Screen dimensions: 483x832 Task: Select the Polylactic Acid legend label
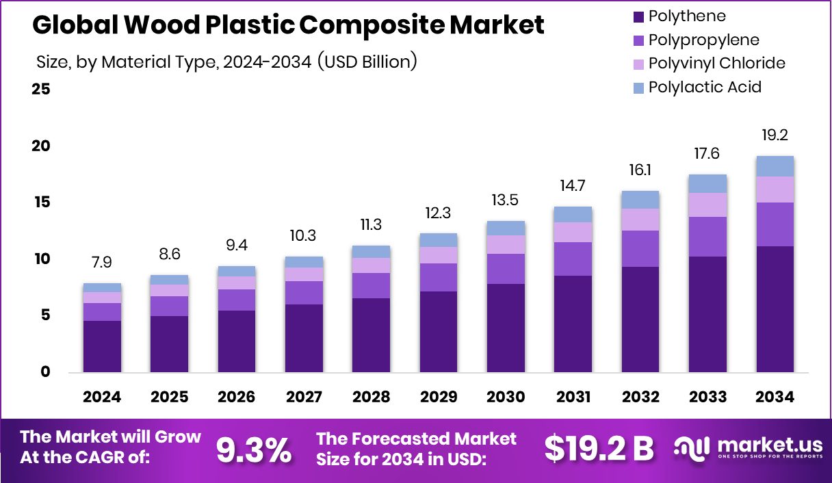click(705, 87)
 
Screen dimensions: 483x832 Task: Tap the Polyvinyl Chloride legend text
click(716, 64)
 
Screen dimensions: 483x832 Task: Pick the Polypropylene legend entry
click(703, 40)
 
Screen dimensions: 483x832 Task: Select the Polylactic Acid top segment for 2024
click(102, 287)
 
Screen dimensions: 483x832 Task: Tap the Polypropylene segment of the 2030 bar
click(506, 269)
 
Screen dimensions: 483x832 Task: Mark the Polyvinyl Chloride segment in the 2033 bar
click(708, 205)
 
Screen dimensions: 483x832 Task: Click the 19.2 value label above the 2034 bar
click(775, 135)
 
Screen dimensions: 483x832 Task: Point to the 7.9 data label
click(102, 263)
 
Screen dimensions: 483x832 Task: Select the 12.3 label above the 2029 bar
click(439, 213)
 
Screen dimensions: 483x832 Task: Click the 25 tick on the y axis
click(40, 90)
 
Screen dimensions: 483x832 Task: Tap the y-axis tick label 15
click(40, 203)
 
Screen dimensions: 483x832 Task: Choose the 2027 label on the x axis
click(304, 397)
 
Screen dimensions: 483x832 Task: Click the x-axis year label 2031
click(573, 397)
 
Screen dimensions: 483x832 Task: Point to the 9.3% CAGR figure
click(254, 449)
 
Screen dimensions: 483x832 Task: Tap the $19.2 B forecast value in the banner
click(599, 449)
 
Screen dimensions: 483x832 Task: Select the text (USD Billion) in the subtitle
click(366, 62)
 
